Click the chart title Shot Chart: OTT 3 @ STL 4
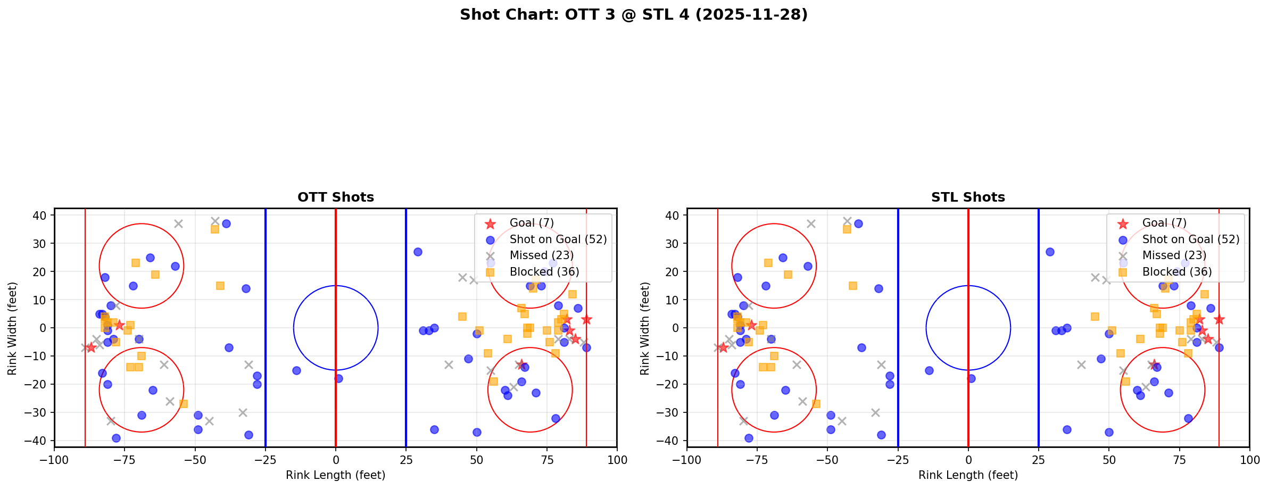click(x=633, y=15)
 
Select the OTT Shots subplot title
click(x=335, y=197)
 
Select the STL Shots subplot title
click(x=968, y=197)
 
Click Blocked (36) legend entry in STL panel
click(x=1176, y=272)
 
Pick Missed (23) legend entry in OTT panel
click(x=541, y=255)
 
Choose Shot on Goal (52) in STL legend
click(x=1190, y=239)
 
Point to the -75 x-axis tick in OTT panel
click(x=125, y=460)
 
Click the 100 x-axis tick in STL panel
click(x=1249, y=460)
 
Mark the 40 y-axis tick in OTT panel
click(x=43, y=216)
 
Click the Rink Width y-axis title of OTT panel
click(x=12, y=328)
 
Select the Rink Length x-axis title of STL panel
click(x=968, y=475)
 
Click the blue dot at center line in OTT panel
click(x=338, y=378)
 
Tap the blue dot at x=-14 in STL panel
click(x=929, y=370)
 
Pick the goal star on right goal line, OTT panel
click(x=586, y=319)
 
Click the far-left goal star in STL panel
click(x=723, y=347)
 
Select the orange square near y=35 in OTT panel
click(x=215, y=229)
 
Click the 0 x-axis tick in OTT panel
click(x=335, y=460)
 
